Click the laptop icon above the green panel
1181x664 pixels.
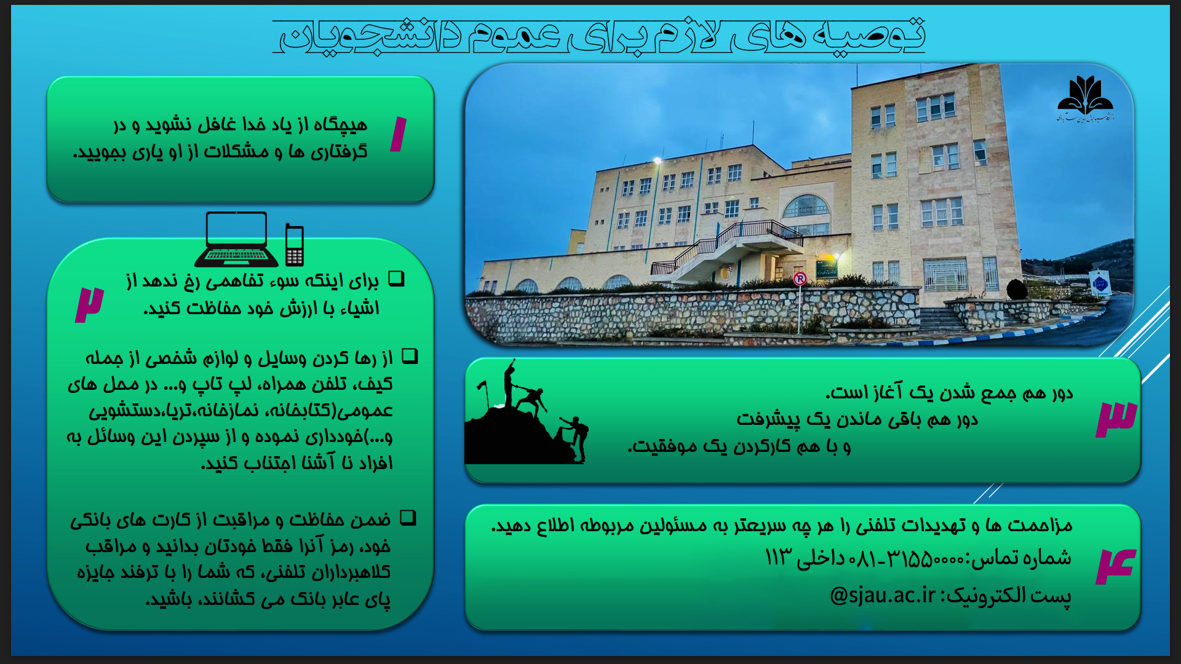(x=236, y=239)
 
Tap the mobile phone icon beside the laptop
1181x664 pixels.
(x=295, y=245)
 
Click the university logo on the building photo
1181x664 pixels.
(x=1085, y=98)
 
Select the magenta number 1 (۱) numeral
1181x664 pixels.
(x=399, y=133)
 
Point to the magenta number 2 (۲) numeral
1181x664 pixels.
(x=90, y=304)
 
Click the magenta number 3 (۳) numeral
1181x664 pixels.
(x=1116, y=419)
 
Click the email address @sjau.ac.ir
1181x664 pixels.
(x=883, y=595)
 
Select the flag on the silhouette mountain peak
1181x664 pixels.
(x=482, y=386)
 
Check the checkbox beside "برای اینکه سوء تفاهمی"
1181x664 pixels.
(x=397, y=279)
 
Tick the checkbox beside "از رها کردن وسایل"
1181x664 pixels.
(x=410, y=356)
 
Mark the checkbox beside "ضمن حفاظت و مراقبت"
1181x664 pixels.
(x=408, y=518)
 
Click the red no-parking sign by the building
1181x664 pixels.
(x=800, y=279)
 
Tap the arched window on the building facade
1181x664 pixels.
(x=806, y=206)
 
